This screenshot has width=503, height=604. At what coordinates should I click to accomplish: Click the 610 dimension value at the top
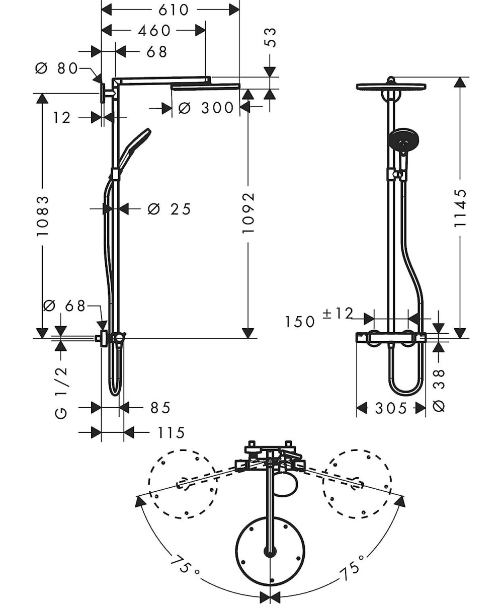coord(174,10)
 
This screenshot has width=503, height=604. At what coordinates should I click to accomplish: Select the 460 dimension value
coord(154,31)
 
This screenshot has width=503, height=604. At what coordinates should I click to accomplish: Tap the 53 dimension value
coord(271,38)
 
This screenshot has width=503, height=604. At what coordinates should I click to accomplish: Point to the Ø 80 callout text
coord(57,69)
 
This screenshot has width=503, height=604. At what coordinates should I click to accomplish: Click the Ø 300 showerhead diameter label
coord(206,108)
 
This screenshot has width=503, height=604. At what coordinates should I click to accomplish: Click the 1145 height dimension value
coord(460,208)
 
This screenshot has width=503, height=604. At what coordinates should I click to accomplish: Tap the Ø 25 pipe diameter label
coord(170,209)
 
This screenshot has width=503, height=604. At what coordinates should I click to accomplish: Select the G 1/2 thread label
coord(61,393)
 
